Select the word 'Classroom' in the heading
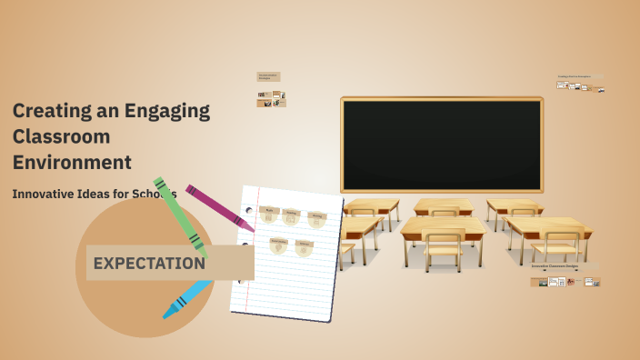tap(61, 137)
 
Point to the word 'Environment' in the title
tap(72, 163)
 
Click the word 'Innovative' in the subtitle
tap(46, 194)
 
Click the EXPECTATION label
tap(149, 264)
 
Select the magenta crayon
tap(216, 206)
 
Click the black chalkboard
tap(442, 145)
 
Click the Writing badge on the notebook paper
tap(316, 219)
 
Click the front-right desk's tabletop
tap(547, 225)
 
